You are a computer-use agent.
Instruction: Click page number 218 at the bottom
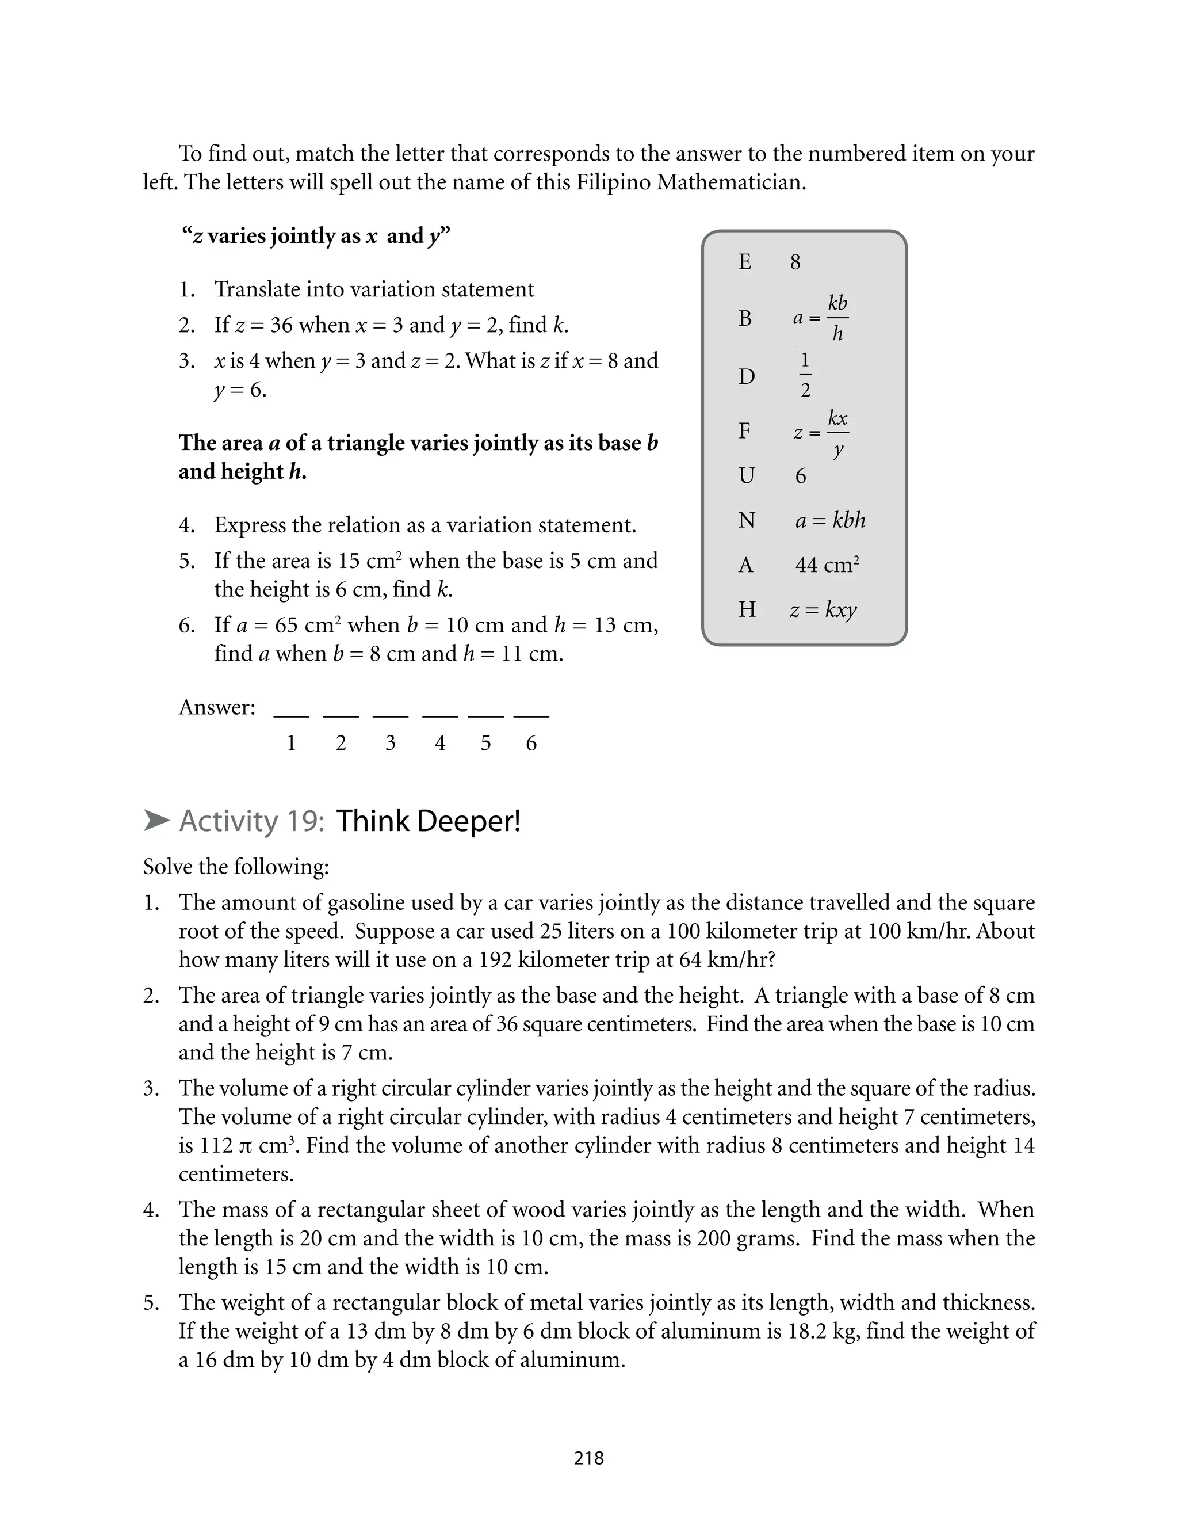588,1458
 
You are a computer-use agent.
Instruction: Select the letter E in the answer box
745,262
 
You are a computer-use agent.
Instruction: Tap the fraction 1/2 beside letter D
805,376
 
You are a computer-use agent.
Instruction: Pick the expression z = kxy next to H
823,609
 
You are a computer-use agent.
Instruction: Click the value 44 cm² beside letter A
827,565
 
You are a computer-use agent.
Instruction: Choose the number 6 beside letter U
801,477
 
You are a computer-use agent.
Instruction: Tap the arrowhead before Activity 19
156,820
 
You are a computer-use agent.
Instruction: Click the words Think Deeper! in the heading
429,821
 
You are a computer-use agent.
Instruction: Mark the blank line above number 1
291,715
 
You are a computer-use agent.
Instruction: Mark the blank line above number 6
531,715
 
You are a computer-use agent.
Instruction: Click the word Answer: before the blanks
217,707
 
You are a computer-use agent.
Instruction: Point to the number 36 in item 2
281,325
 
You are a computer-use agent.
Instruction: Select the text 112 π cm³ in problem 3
246,1145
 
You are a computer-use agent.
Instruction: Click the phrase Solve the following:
236,867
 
